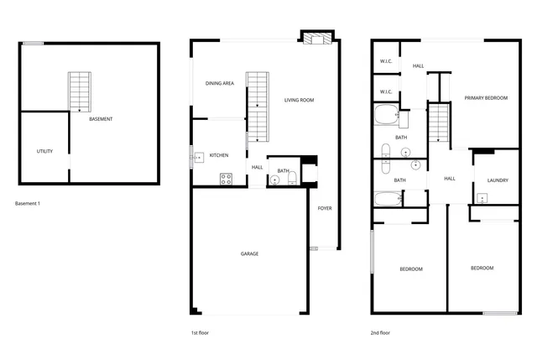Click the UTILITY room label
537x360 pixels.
(x=44, y=151)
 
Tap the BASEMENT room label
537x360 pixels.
(x=101, y=119)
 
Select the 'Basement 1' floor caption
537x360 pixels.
(x=28, y=204)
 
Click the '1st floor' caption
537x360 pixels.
(x=199, y=332)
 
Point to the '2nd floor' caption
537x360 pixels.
(x=380, y=332)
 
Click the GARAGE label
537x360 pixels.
(x=249, y=253)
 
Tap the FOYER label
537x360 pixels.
(x=324, y=209)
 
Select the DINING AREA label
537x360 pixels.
(x=219, y=83)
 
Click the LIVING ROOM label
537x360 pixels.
(x=299, y=101)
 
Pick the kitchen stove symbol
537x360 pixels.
(x=226, y=178)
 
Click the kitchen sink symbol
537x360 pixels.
(x=198, y=156)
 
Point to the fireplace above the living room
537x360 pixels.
(x=317, y=38)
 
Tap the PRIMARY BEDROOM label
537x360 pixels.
(x=486, y=98)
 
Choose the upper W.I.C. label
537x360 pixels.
(x=386, y=61)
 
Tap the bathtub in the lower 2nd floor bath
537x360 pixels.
(x=388, y=199)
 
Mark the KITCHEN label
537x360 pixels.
(x=219, y=155)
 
